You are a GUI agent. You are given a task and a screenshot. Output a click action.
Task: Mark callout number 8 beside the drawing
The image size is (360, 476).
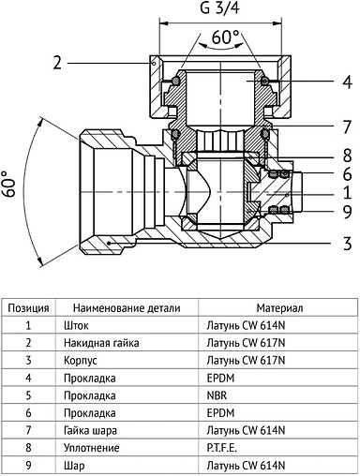click(x=347, y=156)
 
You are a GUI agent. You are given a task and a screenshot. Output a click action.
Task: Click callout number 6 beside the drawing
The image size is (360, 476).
click(x=347, y=173)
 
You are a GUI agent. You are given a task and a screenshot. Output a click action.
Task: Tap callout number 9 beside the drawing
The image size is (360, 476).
click(x=347, y=211)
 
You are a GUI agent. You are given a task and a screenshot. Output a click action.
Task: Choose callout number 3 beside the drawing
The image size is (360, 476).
click(x=347, y=243)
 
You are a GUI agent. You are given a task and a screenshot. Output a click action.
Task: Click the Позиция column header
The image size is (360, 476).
click(x=29, y=306)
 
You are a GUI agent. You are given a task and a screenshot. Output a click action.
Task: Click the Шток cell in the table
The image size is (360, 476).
click(x=77, y=324)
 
